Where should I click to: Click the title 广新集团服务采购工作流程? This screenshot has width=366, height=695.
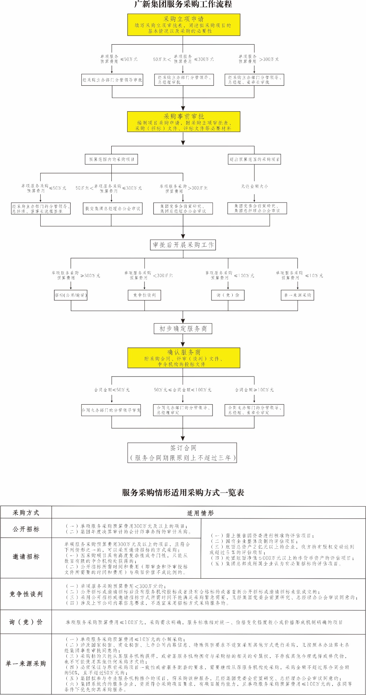click(183, 4)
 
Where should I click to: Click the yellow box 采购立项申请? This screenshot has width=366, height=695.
click(183, 24)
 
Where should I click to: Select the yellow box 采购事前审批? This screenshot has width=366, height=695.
click(183, 122)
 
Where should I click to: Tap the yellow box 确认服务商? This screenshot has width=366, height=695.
click(183, 358)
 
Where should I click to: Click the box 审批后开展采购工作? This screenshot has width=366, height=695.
click(183, 245)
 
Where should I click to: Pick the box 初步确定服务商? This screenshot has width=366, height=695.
click(183, 329)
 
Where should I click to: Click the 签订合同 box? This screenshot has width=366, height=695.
click(183, 453)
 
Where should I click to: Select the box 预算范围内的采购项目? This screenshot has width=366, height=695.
click(112, 159)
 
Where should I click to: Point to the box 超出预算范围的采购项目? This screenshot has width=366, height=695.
click(255, 159)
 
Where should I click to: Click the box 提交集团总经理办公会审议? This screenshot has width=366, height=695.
click(112, 209)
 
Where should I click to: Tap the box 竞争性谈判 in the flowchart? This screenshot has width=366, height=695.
click(144, 295)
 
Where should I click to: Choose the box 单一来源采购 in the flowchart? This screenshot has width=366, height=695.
click(298, 295)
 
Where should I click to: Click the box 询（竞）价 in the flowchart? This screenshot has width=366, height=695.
click(228, 295)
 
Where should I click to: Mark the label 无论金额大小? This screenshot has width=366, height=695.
click(254, 186)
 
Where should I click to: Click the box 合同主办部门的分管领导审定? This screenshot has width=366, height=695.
click(111, 410)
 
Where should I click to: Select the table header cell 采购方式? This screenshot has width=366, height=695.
click(26, 513)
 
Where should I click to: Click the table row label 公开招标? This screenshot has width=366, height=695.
click(26, 529)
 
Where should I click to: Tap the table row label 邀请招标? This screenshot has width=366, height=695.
click(26, 557)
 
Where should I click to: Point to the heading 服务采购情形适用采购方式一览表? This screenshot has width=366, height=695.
click(183, 493)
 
